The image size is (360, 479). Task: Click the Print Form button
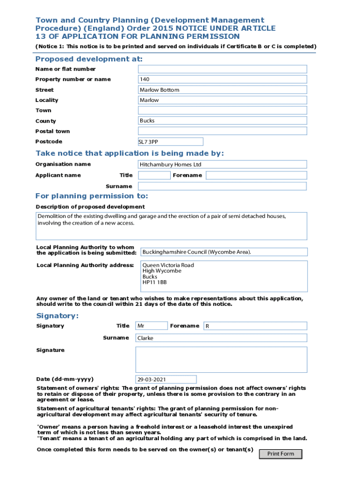(281, 454)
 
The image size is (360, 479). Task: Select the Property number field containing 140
(222, 80)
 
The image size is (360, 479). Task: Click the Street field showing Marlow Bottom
(222, 90)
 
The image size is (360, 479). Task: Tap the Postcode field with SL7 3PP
(170, 142)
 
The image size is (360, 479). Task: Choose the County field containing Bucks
(222, 121)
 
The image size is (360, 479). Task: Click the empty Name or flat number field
(222, 69)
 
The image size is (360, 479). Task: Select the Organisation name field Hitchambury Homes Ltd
(222, 165)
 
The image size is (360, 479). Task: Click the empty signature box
(221, 359)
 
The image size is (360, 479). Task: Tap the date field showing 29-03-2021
(166, 379)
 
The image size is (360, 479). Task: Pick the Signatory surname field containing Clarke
(221, 338)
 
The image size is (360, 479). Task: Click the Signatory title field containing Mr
(151, 326)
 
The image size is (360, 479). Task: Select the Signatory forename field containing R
(255, 326)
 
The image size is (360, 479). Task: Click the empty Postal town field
(222, 131)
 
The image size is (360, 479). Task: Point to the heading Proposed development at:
(89, 59)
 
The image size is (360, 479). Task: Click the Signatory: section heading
(58, 316)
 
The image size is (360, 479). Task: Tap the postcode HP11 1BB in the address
(155, 283)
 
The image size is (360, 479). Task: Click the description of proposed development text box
(172, 226)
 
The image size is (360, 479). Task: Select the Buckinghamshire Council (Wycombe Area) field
(224, 252)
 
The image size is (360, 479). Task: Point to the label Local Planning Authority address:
(85, 266)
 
